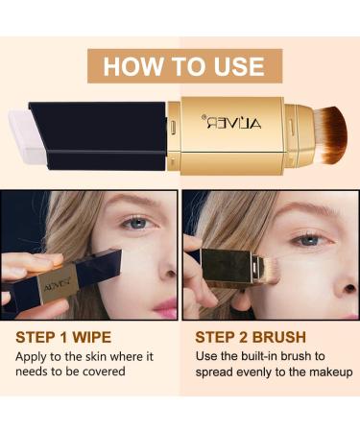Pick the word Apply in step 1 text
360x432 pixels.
[34, 355]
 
